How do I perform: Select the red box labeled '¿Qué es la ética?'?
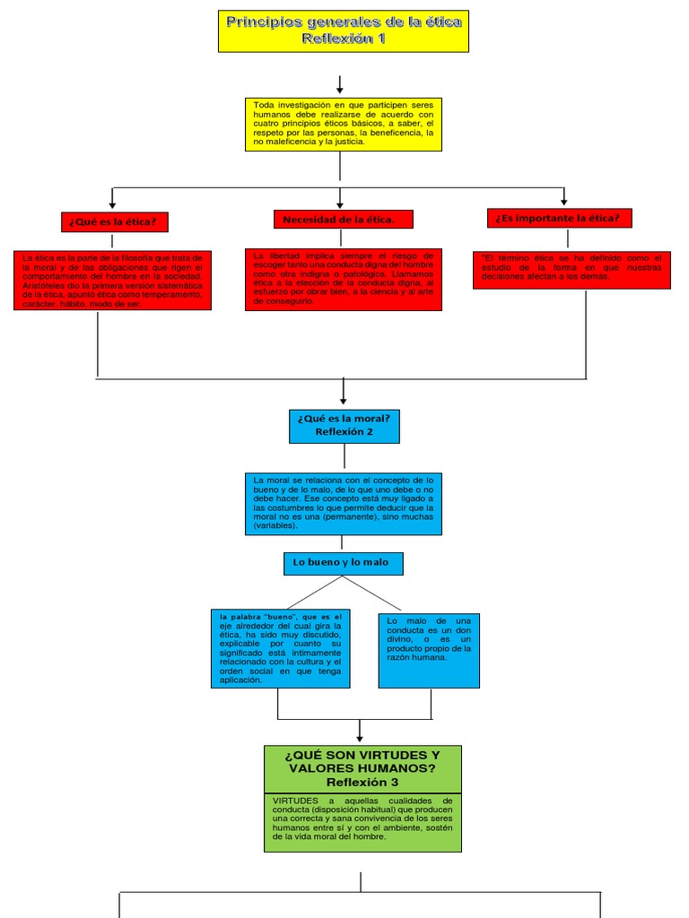tap(115, 221)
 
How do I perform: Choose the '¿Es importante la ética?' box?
tap(560, 218)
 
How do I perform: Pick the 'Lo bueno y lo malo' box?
tap(343, 563)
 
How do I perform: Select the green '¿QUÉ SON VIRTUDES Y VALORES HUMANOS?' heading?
tap(362, 769)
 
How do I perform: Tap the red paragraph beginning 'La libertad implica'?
tap(344, 279)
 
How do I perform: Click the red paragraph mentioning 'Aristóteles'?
tap(112, 281)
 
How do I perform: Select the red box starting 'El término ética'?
tap(572, 269)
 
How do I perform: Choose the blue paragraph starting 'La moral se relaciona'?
tap(344, 504)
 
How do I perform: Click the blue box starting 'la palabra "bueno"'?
tap(281, 648)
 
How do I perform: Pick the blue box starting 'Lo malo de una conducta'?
tap(429, 650)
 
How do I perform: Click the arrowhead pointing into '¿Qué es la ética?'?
tap(112, 204)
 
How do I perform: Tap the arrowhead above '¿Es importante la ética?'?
tap(564, 201)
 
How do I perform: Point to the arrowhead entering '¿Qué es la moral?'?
tap(344, 399)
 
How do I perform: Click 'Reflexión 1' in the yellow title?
tap(344, 39)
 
